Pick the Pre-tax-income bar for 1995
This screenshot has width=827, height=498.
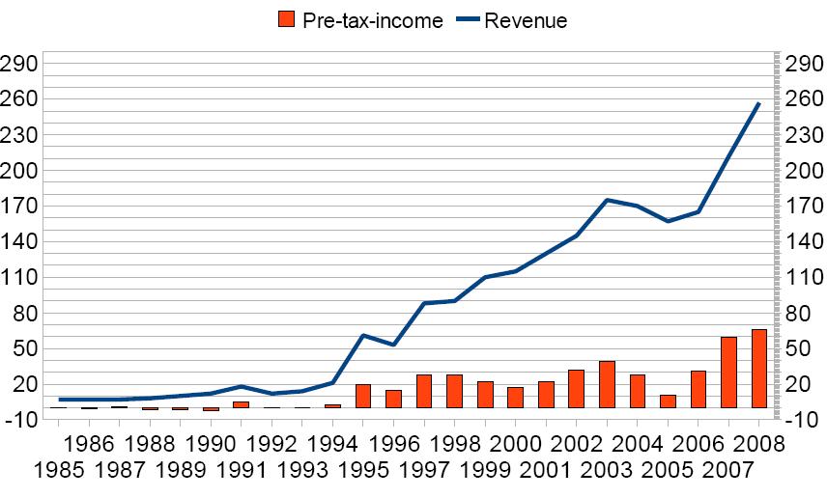click(363, 396)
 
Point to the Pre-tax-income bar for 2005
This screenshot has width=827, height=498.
click(668, 401)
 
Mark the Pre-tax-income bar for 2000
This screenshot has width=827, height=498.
click(515, 398)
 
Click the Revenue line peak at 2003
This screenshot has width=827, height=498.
click(607, 200)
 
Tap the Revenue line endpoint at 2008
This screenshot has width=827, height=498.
click(759, 103)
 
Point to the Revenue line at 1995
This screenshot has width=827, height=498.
click(363, 335)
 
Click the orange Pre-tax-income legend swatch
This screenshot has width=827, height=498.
click(285, 19)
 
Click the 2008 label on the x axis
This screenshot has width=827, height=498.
click(759, 444)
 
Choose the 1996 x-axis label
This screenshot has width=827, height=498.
click(394, 444)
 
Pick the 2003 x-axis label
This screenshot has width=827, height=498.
click(607, 473)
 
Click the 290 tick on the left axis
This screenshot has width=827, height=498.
click(20, 64)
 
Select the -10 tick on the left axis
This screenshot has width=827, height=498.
click(20, 420)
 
